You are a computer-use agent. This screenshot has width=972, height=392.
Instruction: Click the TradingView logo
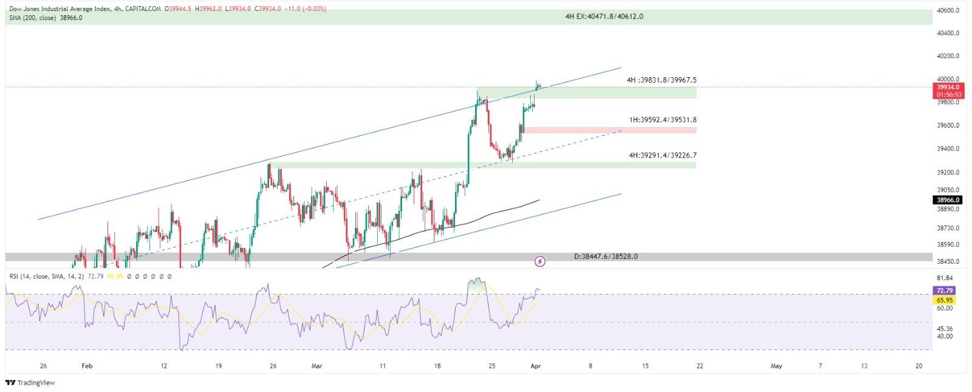point(30,383)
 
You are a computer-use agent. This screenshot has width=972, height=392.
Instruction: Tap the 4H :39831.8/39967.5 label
point(662,80)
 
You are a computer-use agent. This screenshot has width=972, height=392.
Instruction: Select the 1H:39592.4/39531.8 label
point(663,120)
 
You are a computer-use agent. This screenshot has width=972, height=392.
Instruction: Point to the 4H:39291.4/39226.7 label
point(662,156)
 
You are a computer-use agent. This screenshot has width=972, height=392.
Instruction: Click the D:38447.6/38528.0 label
point(606,256)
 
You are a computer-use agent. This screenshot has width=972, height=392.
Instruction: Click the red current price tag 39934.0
point(948,87)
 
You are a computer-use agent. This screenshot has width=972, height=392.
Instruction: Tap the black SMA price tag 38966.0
point(948,200)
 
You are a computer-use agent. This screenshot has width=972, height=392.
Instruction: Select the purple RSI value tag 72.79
point(945,291)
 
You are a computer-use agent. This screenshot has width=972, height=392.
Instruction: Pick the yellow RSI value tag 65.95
point(945,300)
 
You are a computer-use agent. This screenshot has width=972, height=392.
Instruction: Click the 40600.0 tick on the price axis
point(948,10)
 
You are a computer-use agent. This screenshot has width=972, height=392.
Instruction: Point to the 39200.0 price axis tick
point(948,173)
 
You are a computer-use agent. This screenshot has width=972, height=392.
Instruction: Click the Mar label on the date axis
point(317,366)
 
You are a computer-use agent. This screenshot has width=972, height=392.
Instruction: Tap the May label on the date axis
point(776,366)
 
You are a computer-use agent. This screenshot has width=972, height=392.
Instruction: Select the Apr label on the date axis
point(535,366)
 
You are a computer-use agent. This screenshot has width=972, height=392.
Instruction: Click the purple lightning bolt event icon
point(539,261)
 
